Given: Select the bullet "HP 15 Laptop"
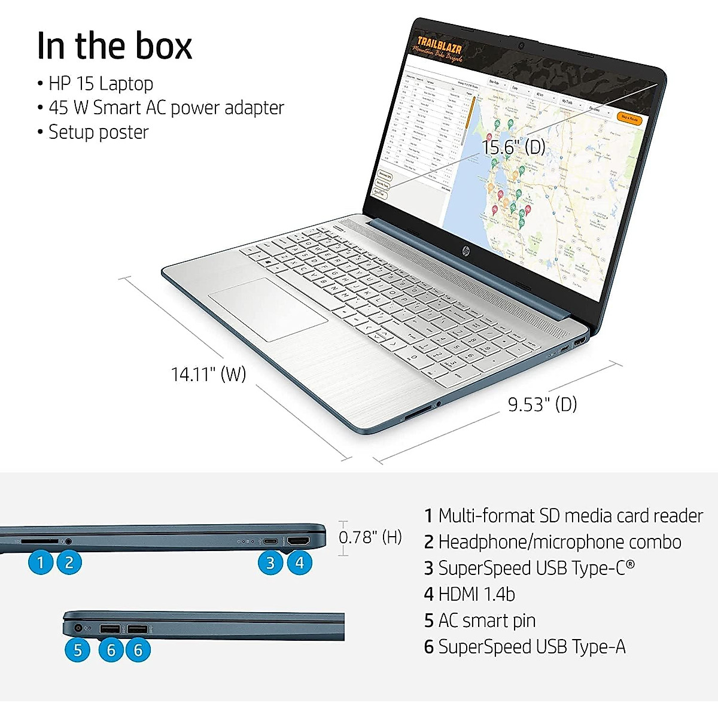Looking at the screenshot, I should tap(101, 83).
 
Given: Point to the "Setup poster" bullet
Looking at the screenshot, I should tap(98, 132).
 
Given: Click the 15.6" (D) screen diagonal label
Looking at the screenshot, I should tap(513, 147).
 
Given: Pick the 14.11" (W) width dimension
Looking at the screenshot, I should tap(208, 374).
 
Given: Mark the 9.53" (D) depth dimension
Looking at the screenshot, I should tap(542, 404).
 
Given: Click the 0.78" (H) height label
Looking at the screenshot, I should tap(370, 537).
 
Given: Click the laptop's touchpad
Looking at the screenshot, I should tap(267, 309).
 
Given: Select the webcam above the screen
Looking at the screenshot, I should tap(521, 45).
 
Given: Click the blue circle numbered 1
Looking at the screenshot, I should tap(41, 562).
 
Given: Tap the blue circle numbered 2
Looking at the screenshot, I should tap(69, 562).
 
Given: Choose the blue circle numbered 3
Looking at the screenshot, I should tap(270, 562).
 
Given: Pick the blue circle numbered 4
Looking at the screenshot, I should tap(299, 562).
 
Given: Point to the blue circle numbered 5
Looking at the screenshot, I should tap(77, 650).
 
